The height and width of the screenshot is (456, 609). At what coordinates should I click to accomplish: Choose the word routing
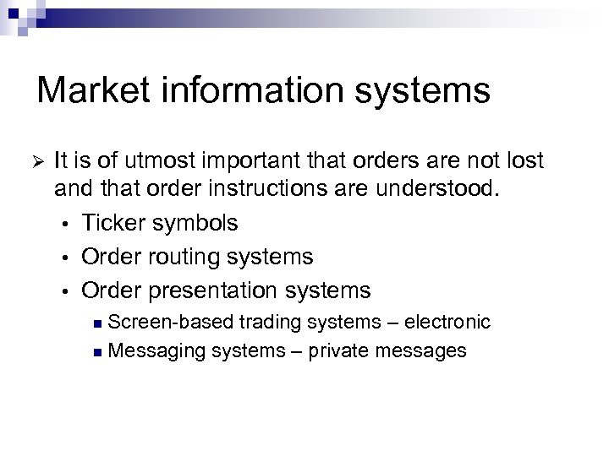pos(187,257)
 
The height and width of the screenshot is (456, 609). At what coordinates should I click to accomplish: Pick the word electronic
pos(447,322)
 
